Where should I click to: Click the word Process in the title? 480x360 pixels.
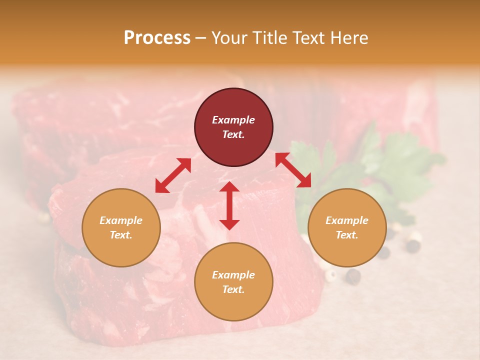[157, 38]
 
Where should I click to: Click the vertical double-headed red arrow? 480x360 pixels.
[229, 205]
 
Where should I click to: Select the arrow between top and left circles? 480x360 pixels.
[173, 175]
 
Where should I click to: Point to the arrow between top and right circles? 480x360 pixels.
[293, 170]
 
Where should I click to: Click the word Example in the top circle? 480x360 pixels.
[233, 120]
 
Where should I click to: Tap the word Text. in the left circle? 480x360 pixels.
[121, 235]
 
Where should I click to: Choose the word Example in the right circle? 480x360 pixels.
[347, 220]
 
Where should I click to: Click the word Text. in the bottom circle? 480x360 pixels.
[233, 289]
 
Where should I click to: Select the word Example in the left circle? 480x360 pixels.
[121, 220]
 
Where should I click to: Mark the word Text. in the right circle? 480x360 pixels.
[347, 235]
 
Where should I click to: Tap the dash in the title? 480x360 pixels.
[201, 38]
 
